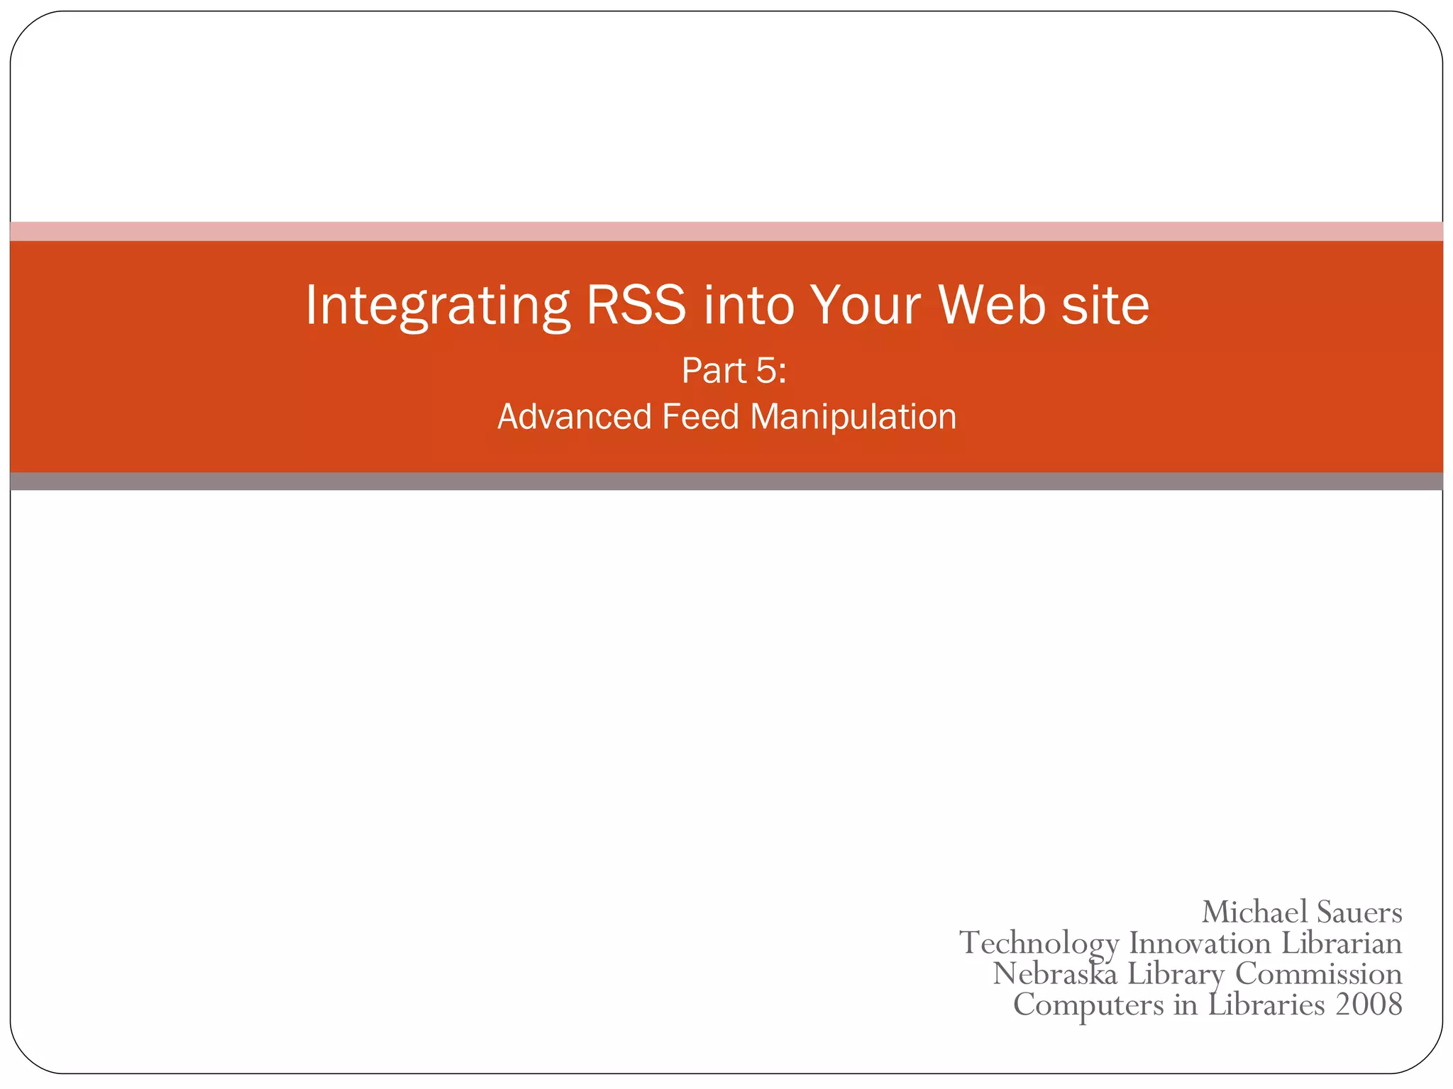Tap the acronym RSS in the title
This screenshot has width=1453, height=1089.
pos(636,305)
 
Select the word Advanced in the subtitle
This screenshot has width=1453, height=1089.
pos(574,416)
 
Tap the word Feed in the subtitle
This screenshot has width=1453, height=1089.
pos(700,416)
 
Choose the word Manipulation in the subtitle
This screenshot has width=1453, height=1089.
pos(853,416)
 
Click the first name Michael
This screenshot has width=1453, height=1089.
pos(1254,912)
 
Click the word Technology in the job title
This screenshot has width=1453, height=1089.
pos(1039,944)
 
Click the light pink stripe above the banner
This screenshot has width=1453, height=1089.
pos(726,231)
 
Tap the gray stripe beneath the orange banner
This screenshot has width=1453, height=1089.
pos(726,481)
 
